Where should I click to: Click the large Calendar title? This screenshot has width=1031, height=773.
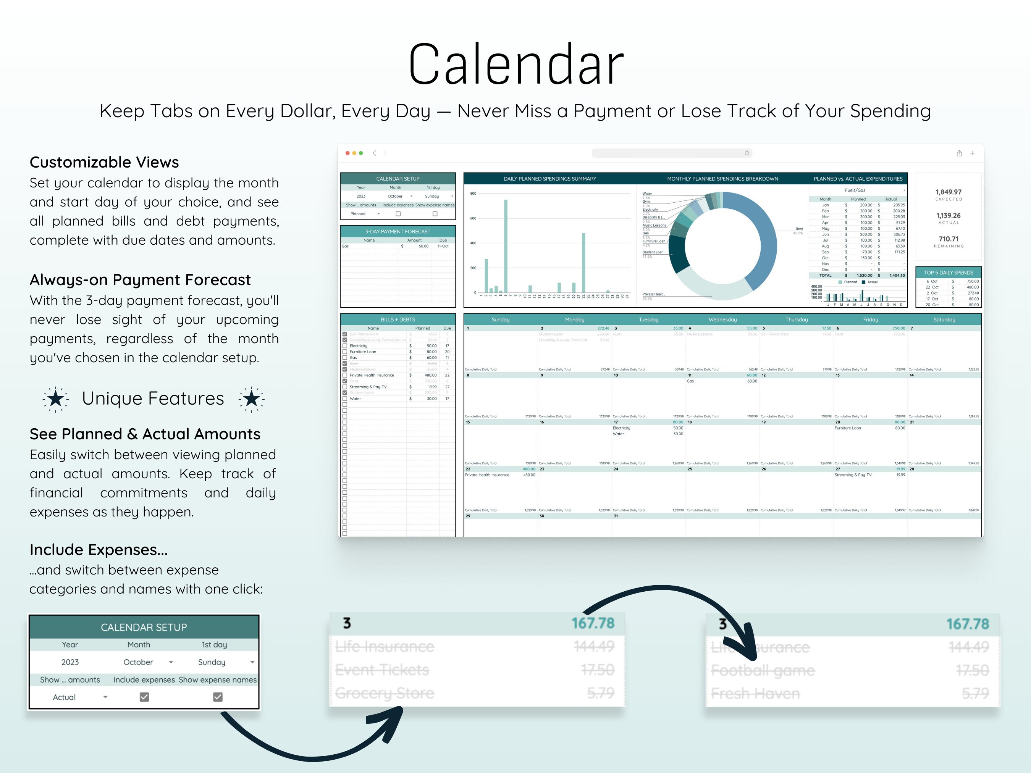(x=515, y=64)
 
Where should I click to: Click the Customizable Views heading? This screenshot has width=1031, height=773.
(x=104, y=162)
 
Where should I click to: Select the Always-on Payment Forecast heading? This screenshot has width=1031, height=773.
(x=140, y=279)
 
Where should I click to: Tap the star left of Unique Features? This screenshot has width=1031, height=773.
(x=55, y=399)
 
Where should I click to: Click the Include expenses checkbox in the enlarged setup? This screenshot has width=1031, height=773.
(x=144, y=697)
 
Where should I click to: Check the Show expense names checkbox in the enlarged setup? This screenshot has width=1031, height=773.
(x=218, y=697)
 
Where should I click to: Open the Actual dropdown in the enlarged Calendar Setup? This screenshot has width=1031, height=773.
(x=105, y=697)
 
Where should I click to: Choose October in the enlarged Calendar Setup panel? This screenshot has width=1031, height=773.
(x=139, y=662)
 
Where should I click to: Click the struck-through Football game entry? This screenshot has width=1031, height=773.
(x=763, y=670)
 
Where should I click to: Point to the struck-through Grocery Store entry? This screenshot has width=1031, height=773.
(x=385, y=693)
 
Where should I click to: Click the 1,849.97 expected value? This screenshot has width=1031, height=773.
(x=949, y=192)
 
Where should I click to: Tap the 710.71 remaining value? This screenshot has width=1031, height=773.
(x=949, y=239)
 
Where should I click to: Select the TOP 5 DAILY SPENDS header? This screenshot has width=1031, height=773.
(x=949, y=273)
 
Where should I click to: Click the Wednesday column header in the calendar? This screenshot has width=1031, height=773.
(x=722, y=320)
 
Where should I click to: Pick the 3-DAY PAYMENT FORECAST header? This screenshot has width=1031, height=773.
(x=398, y=232)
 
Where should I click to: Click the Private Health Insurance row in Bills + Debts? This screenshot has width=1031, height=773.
(x=372, y=375)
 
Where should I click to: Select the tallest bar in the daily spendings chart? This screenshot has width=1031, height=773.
(x=506, y=246)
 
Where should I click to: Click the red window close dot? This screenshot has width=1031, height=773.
(x=347, y=153)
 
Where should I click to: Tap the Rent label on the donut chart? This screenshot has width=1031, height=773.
(x=799, y=229)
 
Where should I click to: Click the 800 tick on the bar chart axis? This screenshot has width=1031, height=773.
(x=473, y=194)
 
